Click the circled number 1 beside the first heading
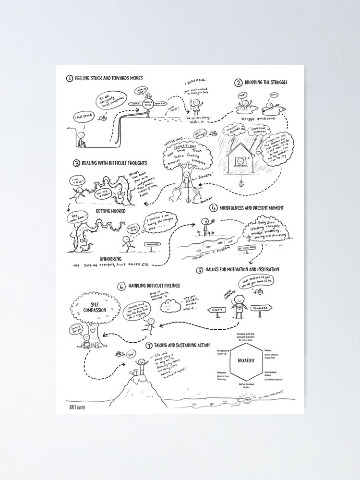(70, 78)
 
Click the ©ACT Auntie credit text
(75, 406)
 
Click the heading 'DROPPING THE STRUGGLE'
(268, 83)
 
